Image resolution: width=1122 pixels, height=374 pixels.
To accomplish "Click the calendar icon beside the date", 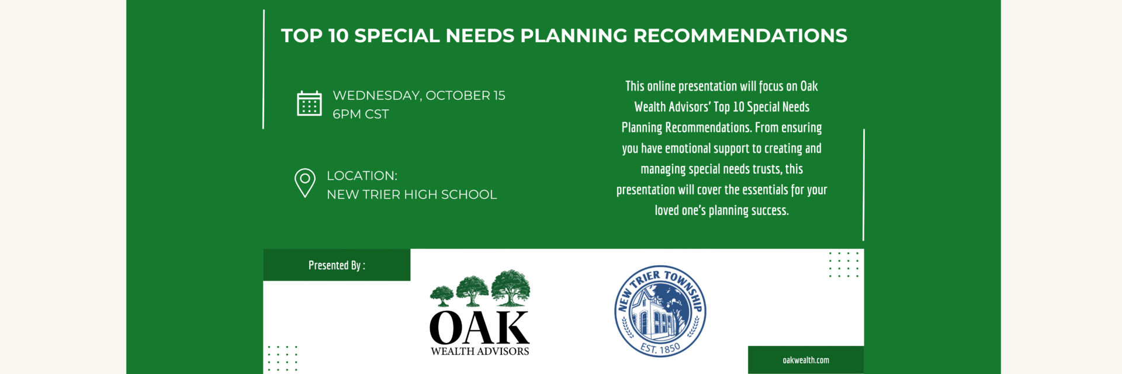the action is click(x=309, y=103).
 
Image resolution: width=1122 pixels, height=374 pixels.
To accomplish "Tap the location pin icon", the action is click(x=305, y=183).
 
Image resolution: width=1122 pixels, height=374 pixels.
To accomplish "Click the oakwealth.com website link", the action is click(x=806, y=360).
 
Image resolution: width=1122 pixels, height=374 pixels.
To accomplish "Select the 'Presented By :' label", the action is click(x=337, y=265).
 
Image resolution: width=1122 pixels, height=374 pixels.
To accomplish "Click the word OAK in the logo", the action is click(x=479, y=328).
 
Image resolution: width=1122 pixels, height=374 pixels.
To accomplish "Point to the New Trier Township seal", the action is click(x=660, y=311).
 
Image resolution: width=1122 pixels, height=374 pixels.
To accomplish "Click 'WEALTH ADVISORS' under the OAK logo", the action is click(x=480, y=351).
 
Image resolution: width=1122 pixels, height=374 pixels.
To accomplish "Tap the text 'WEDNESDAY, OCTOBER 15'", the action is click(x=419, y=95).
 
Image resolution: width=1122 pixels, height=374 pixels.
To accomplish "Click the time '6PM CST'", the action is click(x=361, y=114).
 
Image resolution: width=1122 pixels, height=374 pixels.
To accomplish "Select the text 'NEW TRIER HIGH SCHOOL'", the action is click(x=412, y=195).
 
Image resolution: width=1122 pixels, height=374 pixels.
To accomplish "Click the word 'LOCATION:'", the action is click(x=362, y=176).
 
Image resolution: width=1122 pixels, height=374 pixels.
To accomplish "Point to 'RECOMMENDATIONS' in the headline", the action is click(x=740, y=36).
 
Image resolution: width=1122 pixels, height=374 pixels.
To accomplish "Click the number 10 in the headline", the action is click(x=338, y=36).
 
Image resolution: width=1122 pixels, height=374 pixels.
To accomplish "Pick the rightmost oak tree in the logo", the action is click(x=510, y=288).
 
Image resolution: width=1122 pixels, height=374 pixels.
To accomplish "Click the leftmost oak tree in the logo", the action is click(x=442, y=296).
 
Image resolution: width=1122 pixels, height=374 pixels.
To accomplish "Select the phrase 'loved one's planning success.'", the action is click(x=722, y=210).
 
